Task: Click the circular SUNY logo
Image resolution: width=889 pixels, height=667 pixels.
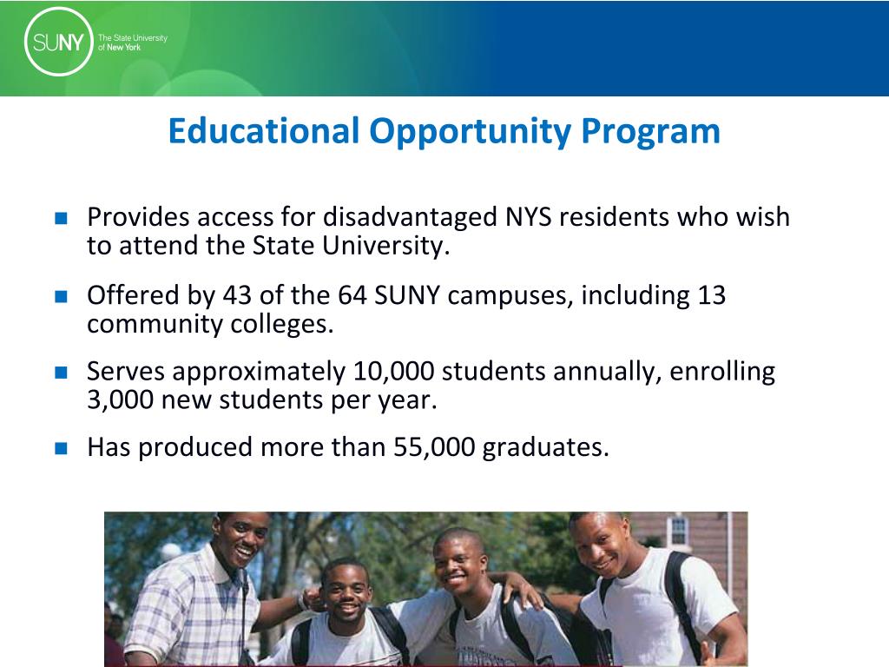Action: point(59,42)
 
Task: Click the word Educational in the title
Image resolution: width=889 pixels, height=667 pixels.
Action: point(263,132)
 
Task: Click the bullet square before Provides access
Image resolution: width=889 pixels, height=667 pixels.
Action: point(61,218)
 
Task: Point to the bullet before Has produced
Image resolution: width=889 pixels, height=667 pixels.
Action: point(61,448)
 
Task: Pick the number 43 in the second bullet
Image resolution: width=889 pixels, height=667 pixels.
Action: point(237,295)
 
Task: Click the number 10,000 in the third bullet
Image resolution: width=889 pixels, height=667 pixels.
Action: point(394,372)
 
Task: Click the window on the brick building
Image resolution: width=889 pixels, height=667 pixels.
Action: point(678,531)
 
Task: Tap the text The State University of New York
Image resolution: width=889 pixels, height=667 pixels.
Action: point(132,43)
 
